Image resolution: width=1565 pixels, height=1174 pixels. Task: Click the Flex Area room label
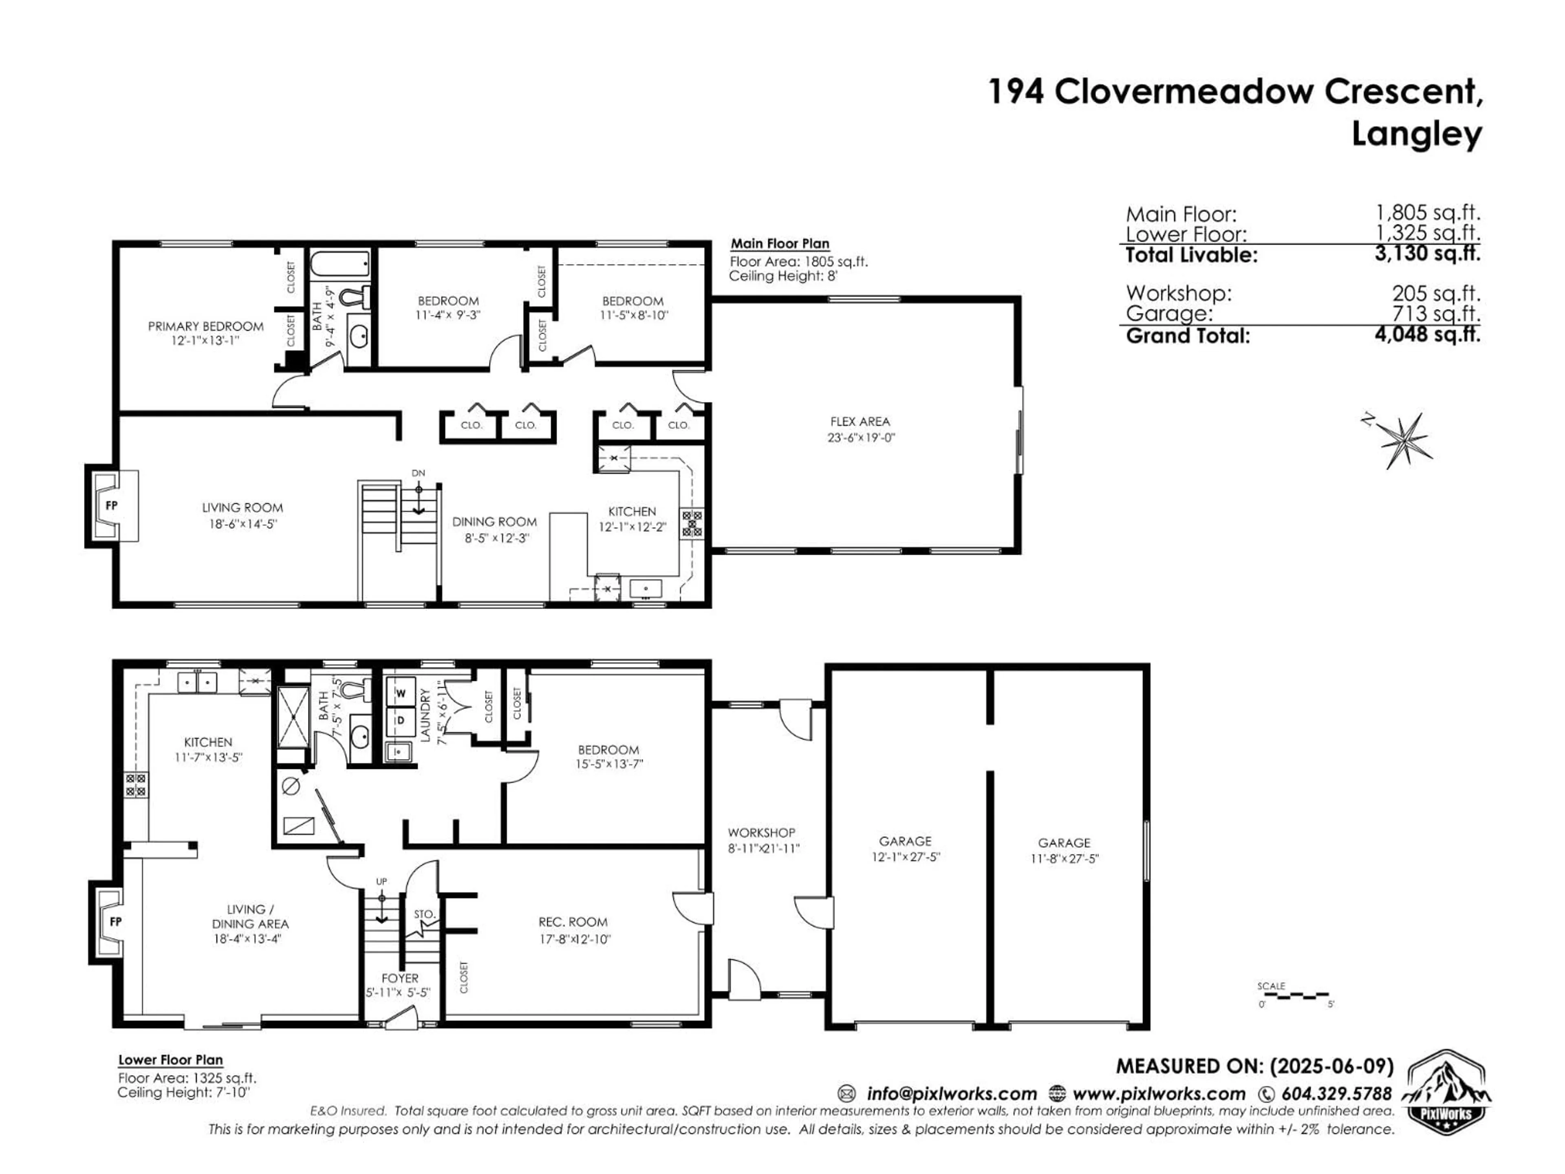tap(860, 422)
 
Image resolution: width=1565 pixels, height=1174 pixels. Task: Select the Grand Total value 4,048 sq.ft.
tap(1427, 334)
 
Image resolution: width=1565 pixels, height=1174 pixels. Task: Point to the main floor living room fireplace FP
tap(111, 505)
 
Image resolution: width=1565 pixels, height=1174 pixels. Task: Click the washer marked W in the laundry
tap(401, 693)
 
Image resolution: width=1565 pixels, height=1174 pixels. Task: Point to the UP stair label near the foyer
tap(381, 881)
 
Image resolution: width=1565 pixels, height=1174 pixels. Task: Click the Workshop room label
tap(761, 833)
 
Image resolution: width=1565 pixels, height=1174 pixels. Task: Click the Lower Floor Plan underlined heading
tap(170, 1060)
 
